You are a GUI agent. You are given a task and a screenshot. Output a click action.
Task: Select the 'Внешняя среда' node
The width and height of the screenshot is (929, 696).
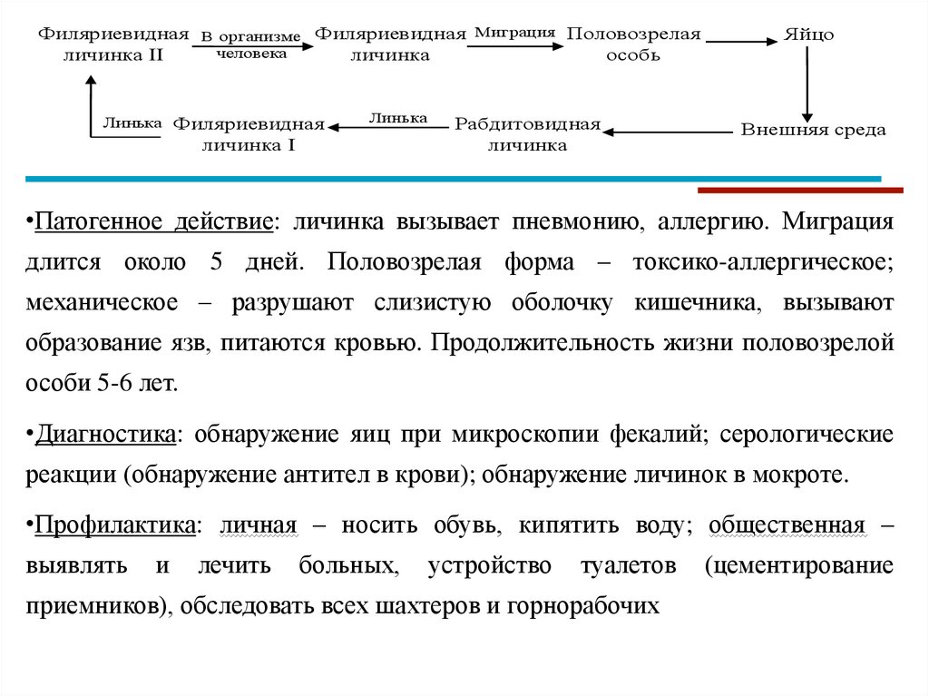pos(813,130)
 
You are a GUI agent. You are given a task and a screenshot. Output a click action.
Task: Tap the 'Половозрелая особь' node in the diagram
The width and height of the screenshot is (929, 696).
pos(633,44)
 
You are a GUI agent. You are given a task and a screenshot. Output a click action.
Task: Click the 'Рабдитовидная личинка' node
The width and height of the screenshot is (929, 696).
pos(527,133)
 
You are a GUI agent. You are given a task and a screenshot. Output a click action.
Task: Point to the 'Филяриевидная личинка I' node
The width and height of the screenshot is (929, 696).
pos(249,133)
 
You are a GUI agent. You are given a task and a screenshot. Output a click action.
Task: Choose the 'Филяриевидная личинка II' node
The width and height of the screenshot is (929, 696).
pos(113,44)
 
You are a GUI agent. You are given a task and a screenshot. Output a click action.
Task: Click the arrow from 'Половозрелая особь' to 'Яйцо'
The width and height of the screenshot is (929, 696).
pos(739,41)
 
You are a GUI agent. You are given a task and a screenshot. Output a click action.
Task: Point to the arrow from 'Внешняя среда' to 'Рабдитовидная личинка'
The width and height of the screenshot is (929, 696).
pos(667,132)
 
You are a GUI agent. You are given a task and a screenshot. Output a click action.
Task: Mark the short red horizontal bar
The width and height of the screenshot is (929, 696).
pos(801,190)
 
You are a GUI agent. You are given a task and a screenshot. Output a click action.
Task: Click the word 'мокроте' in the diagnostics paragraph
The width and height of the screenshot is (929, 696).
pos(810,475)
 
